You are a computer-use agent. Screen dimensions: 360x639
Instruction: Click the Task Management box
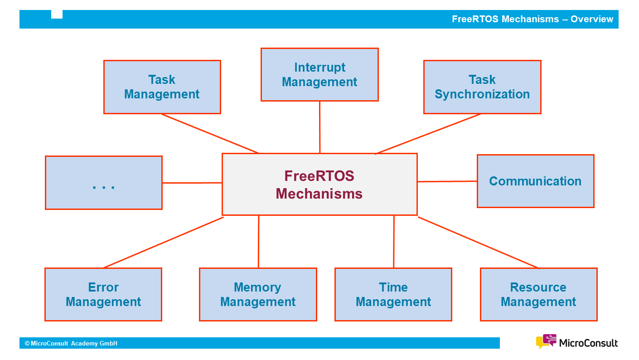click(x=162, y=87)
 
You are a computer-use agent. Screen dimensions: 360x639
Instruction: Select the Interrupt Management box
click(x=319, y=74)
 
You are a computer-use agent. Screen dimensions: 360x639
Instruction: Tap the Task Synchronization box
click(x=482, y=87)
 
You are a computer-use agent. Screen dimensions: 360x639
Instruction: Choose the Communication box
click(x=535, y=181)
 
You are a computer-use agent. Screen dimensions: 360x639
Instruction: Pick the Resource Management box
click(x=538, y=294)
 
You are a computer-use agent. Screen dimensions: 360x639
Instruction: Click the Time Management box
click(x=393, y=294)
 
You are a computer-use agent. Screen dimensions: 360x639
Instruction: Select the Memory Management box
click(x=258, y=294)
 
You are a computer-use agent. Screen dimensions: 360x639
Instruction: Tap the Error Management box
click(x=103, y=294)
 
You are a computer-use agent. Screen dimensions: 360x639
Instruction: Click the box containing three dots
click(x=104, y=183)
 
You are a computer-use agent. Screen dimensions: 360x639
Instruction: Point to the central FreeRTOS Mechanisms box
click(x=319, y=184)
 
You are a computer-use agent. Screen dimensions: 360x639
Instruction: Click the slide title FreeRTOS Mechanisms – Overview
click(x=532, y=19)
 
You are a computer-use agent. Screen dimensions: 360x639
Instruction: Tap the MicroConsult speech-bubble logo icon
click(x=546, y=341)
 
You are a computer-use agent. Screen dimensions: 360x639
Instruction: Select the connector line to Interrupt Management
click(x=319, y=127)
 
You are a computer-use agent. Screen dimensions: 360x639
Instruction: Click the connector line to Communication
click(x=447, y=181)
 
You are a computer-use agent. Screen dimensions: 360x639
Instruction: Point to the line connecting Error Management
click(x=163, y=243)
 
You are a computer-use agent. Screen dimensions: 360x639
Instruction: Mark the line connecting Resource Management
click(x=478, y=243)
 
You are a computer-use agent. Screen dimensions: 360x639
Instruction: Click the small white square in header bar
click(x=57, y=14)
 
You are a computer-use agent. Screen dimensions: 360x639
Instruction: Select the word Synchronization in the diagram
click(x=482, y=94)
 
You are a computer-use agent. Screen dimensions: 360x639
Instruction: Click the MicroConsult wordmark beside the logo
click(x=588, y=343)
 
